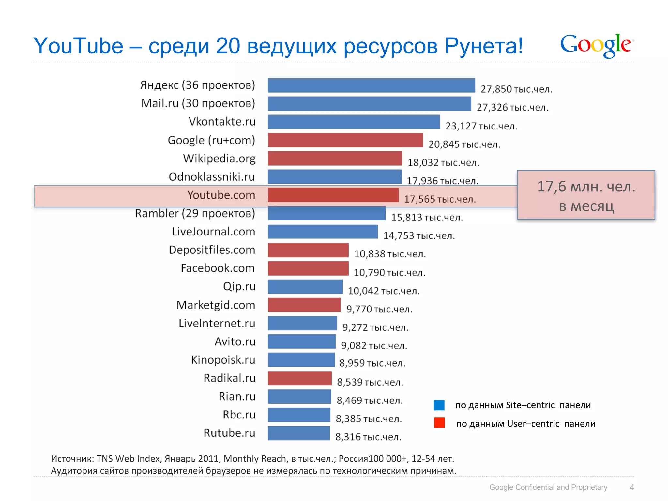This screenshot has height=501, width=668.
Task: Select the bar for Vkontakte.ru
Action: [x=354, y=122]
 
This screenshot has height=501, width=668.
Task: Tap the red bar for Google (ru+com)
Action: [x=345, y=140]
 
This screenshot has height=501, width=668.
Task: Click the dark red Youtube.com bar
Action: [x=333, y=195]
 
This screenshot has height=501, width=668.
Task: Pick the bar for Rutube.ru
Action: [x=299, y=433]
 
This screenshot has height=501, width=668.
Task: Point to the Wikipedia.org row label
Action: [x=219, y=159]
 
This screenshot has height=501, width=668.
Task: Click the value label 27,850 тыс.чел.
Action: [x=516, y=89]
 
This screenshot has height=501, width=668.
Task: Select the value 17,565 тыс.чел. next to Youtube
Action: [x=440, y=199]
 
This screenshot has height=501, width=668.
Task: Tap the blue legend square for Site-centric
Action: [x=439, y=405]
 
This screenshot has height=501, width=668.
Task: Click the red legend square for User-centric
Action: [x=439, y=423]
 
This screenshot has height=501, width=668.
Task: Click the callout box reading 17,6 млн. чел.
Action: [x=586, y=195]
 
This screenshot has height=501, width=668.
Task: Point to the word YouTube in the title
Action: [x=78, y=46]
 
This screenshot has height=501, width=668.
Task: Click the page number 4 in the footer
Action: [x=632, y=487]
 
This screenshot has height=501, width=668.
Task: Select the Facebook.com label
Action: [x=218, y=268]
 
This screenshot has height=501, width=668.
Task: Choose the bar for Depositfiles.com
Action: [x=308, y=250]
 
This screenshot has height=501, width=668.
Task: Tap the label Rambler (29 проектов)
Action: [x=195, y=213]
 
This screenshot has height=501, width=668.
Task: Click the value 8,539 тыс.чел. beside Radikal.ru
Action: [x=370, y=382]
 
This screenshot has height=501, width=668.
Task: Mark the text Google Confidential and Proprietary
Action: [x=548, y=487]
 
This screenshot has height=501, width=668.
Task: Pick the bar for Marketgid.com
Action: [x=304, y=305]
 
